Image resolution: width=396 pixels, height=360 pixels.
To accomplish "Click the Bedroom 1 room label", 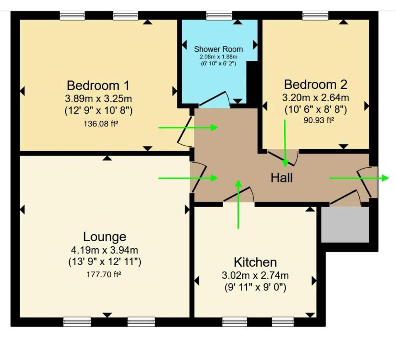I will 98,86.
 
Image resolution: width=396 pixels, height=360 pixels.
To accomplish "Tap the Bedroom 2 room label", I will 316,85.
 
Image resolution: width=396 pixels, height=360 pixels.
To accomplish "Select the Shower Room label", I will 218,49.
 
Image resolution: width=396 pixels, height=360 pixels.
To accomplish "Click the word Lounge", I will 105,236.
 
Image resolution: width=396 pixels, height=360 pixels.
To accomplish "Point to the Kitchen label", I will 255,262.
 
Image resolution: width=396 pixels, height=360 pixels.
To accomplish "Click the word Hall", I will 282,178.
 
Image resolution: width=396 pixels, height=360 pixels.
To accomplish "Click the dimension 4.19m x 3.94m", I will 105,250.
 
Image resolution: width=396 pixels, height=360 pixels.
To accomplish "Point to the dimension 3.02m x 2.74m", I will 255,276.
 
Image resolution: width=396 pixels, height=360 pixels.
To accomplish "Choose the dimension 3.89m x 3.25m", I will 98,98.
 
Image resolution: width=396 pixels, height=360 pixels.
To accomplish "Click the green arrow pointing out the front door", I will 359,178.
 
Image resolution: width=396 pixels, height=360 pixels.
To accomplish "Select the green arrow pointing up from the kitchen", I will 238,204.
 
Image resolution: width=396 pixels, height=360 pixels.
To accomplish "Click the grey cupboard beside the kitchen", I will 345,224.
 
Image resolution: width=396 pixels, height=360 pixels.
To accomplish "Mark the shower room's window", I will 219,16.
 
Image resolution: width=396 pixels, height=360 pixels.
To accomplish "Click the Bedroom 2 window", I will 315,16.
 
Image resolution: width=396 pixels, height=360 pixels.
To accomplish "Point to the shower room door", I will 214,100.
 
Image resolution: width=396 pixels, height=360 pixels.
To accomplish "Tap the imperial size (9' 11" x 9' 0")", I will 255,287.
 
